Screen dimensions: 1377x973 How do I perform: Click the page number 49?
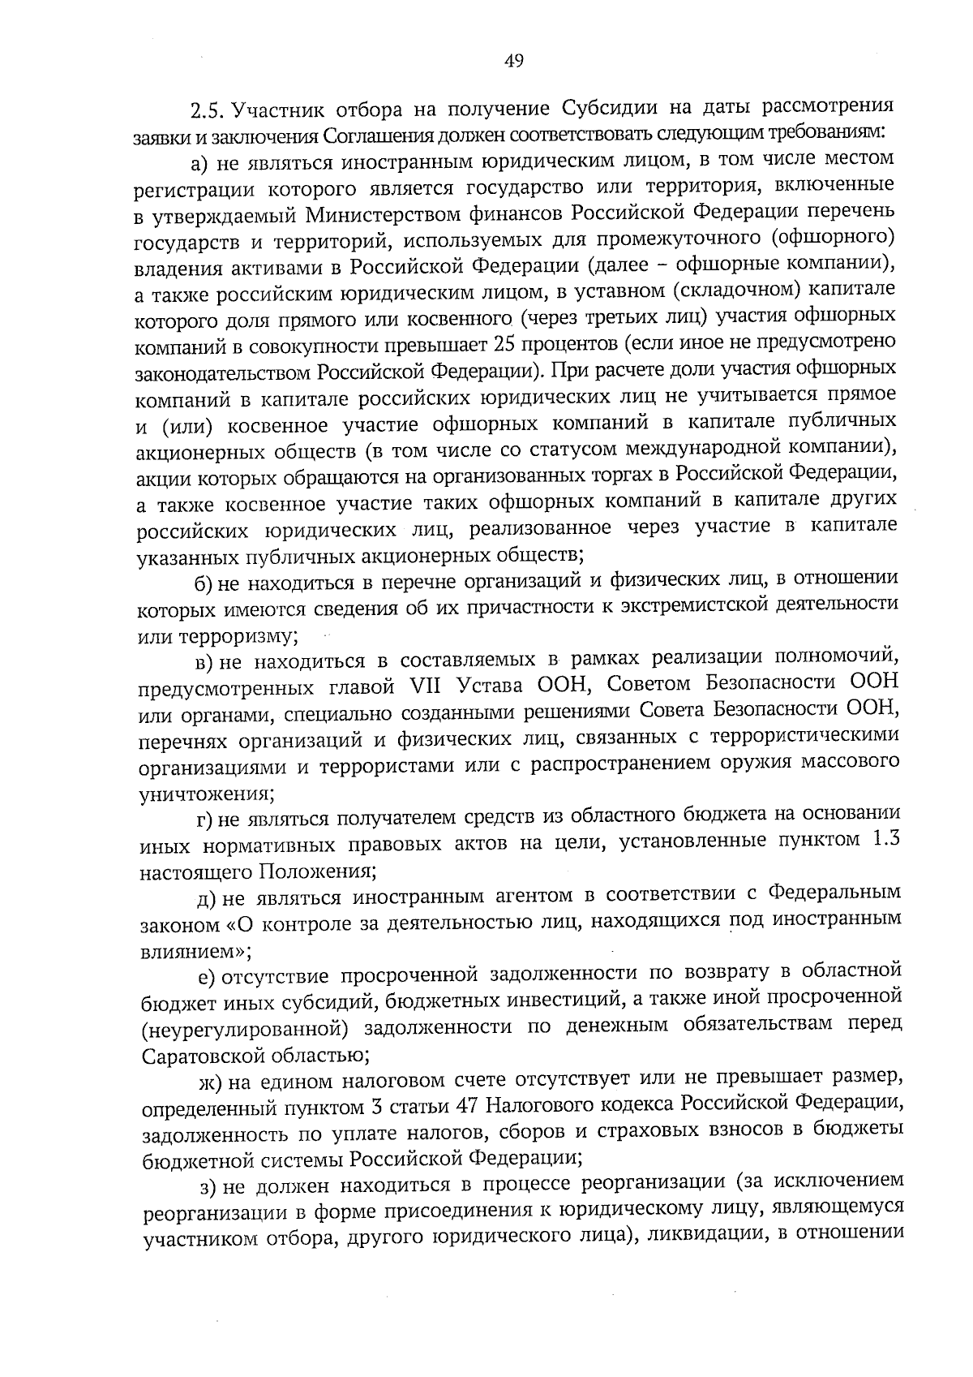click(x=514, y=61)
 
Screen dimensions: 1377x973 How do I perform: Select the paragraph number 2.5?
click(x=207, y=110)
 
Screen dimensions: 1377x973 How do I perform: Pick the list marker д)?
click(x=210, y=898)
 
